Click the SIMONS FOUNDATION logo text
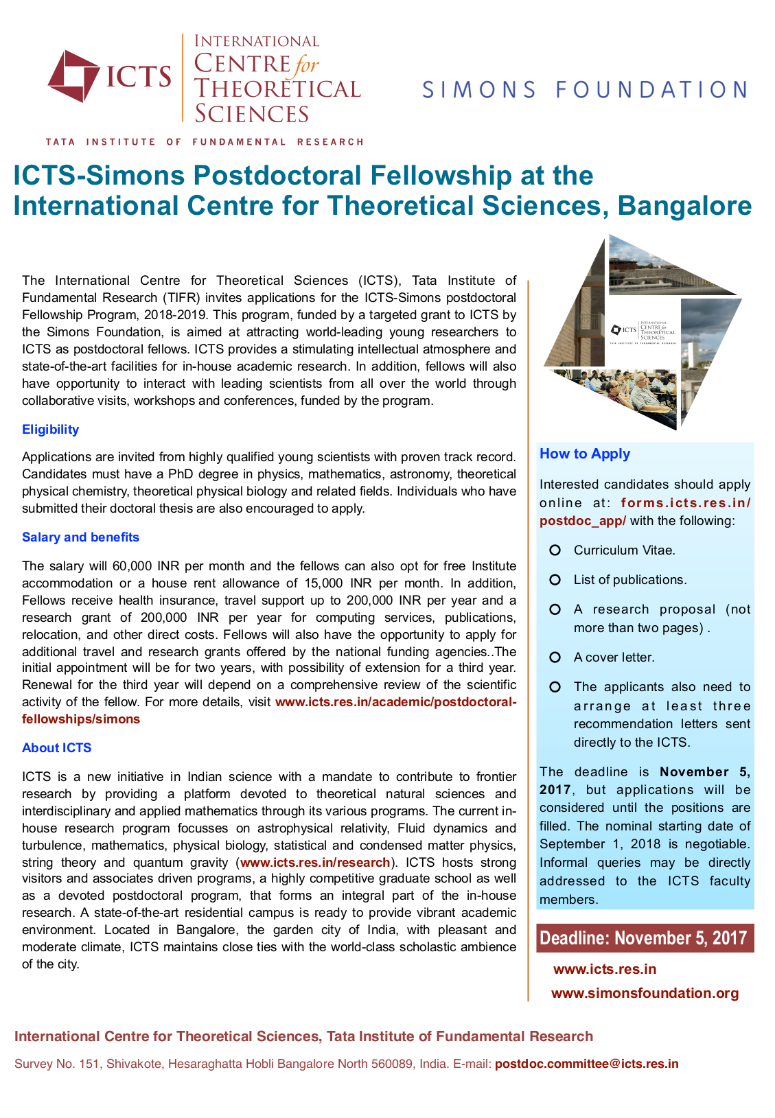[584, 90]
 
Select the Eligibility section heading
[50, 430]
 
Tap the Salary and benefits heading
[80, 537]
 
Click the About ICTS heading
[56, 748]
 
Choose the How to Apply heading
[584, 454]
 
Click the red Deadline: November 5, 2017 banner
[645, 938]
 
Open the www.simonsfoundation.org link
[645, 993]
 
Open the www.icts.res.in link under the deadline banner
[604, 969]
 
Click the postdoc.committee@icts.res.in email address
[586, 1064]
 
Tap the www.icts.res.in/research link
[315, 863]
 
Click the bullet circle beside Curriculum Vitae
[555, 550]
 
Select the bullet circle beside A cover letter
[555, 657]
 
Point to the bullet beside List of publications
[555, 580]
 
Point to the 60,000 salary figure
[132, 566]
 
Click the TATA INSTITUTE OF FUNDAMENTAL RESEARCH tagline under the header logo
[204, 142]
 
